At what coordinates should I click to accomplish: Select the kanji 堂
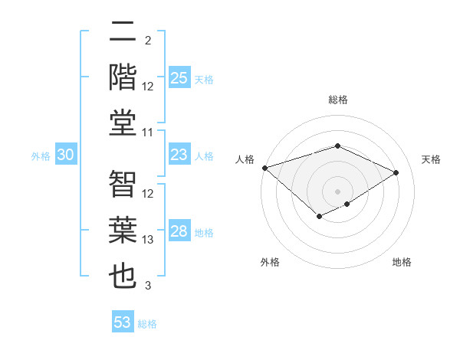click(x=123, y=123)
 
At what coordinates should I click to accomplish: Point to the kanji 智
click(x=123, y=184)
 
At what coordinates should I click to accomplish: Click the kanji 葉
click(x=123, y=230)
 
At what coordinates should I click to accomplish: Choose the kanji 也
click(x=123, y=276)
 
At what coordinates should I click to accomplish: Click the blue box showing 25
click(x=179, y=78)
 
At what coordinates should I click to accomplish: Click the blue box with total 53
click(x=122, y=322)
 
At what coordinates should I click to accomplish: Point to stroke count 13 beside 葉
click(x=148, y=240)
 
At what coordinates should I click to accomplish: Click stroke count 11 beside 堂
click(x=148, y=133)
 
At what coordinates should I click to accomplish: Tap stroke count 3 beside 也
click(x=148, y=286)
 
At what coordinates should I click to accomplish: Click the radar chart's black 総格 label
click(x=337, y=100)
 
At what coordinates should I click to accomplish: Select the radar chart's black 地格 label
click(x=402, y=262)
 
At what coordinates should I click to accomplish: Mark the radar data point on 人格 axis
click(x=264, y=168)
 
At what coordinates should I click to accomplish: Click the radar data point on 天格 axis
click(x=396, y=172)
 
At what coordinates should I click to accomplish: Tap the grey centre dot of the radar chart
click(x=337, y=191)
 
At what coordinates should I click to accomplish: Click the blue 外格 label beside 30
click(x=41, y=156)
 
